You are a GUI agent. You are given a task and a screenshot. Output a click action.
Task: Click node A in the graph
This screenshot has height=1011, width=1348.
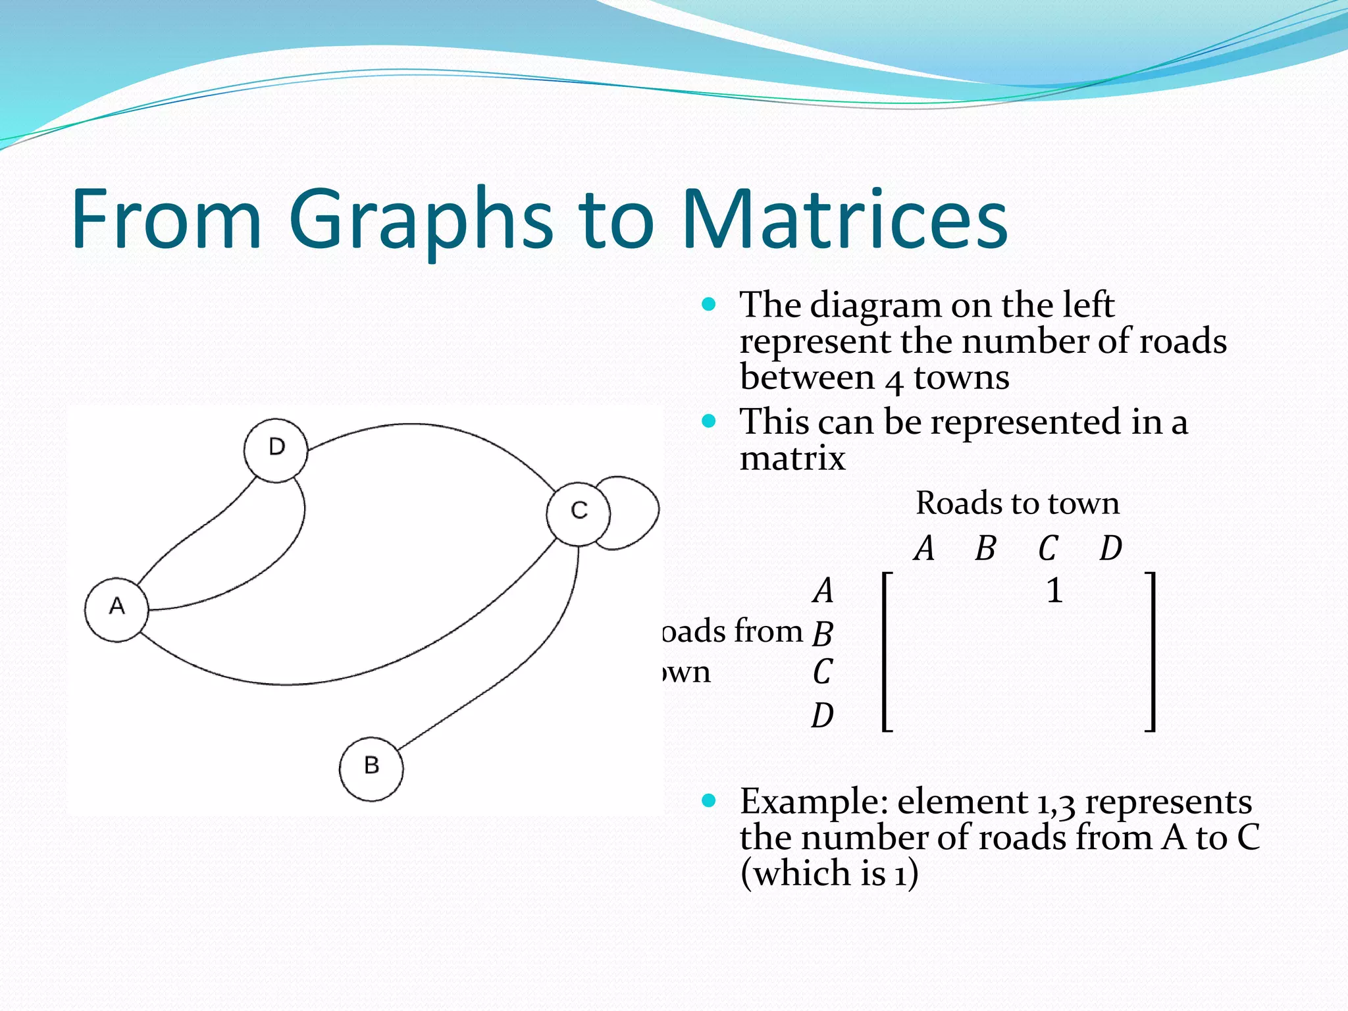[x=117, y=610]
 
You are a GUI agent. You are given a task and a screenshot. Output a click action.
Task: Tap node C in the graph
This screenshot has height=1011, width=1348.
[x=578, y=513]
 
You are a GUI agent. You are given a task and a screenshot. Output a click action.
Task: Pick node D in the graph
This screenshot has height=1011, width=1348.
[x=276, y=450]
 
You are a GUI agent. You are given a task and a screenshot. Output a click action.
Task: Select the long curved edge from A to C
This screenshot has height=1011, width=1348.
[x=329, y=681]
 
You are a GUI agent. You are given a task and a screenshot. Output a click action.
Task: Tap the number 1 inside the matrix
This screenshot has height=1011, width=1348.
[x=1054, y=590]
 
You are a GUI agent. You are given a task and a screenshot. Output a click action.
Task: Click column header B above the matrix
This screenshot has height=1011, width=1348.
[x=985, y=548]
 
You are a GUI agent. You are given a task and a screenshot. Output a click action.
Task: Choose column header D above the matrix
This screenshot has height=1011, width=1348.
[x=1110, y=548]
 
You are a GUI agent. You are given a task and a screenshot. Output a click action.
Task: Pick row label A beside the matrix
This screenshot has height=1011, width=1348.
[x=823, y=590]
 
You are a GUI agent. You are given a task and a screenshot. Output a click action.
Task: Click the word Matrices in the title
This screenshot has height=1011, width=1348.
[x=844, y=219]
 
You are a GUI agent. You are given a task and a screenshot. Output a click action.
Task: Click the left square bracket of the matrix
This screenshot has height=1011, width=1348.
[x=885, y=652]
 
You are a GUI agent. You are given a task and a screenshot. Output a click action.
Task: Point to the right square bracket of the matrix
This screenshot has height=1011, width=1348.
[x=1151, y=652]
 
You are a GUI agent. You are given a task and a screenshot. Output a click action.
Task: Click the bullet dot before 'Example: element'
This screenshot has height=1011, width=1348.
[x=708, y=800]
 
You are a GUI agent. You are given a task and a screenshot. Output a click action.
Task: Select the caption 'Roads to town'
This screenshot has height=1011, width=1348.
[x=1017, y=504]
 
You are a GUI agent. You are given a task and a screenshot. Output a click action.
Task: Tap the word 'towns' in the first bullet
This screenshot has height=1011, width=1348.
[x=961, y=378]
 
